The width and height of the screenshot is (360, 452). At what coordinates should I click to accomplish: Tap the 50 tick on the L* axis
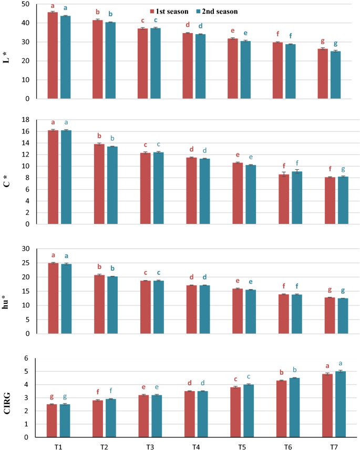[25, 4]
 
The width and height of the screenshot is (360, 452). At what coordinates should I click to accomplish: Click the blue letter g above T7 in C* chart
[342, 169]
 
